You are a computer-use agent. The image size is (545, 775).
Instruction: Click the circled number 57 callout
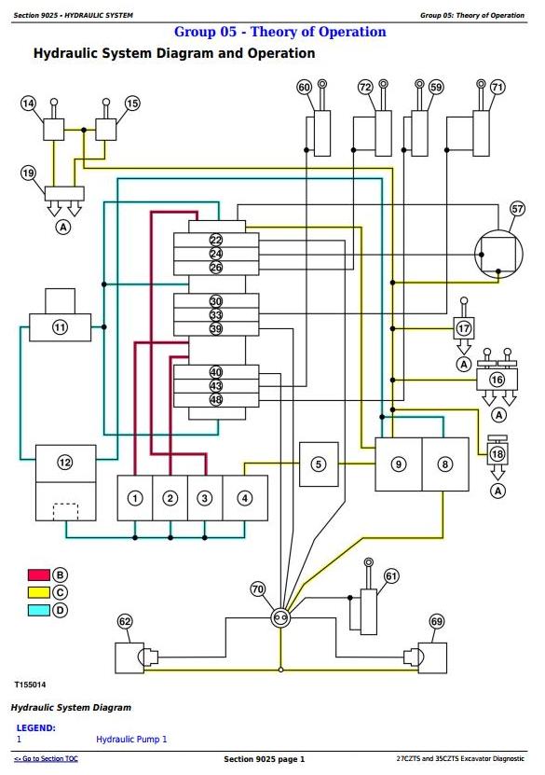517,209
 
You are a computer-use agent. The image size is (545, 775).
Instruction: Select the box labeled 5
319,464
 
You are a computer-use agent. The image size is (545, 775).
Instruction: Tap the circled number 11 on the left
60,327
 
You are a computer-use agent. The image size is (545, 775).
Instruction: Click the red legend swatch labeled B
39,574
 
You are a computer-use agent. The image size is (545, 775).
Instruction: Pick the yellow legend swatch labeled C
39,592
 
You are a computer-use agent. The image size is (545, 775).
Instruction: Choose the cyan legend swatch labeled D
39,610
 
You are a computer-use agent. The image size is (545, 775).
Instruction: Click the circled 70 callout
258,589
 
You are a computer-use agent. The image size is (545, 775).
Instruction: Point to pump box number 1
135,498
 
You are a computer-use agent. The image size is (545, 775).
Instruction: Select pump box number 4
245,498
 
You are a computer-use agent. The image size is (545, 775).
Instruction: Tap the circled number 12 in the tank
65,463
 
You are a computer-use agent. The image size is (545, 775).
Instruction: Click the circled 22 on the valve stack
216,241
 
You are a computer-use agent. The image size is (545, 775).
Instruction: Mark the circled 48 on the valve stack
216,399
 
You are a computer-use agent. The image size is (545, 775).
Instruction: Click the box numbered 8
445,464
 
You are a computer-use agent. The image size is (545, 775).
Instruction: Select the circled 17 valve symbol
464,328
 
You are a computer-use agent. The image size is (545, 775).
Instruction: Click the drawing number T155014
30,685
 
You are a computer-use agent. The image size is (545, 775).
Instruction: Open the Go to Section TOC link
46,759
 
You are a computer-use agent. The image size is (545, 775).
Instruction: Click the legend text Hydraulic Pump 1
131,740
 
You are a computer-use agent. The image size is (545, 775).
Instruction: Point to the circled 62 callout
125,621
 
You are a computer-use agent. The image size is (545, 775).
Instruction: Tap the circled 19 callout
28,173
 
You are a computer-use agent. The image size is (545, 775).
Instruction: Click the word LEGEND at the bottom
36,728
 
